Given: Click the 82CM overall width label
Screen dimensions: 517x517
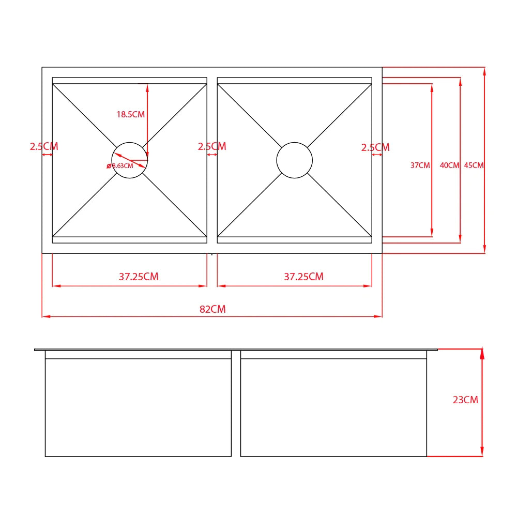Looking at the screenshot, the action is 212,309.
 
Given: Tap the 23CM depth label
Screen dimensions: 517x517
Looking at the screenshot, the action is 465,400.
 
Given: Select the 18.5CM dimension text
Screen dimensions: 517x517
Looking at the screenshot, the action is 131,114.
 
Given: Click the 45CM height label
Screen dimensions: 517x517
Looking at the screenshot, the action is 474,165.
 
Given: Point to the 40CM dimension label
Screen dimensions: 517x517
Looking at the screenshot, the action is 449,165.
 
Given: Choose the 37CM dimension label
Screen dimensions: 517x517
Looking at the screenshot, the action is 420,165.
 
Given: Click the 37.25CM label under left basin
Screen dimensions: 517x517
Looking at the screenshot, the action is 139,276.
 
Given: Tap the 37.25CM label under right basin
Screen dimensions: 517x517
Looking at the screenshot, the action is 303,276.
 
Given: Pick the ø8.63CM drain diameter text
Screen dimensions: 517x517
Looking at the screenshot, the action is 120,166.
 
